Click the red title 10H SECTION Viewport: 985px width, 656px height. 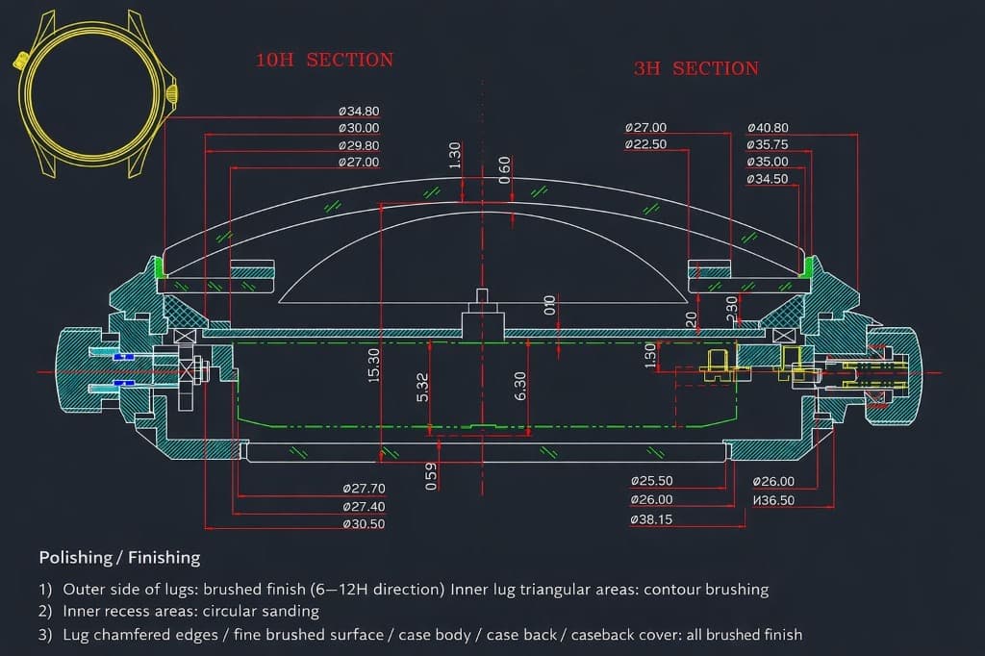[324, 60]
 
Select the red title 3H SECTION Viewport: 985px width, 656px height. [695, 68]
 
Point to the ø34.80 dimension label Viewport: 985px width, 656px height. [359, 111]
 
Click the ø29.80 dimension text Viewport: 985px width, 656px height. [359, 145]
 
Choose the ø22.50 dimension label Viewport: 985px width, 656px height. [645, 144]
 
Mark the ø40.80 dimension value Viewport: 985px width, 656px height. [768, 127]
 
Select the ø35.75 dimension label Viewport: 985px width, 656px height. [768, 144]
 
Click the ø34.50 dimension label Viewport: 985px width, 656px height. [768, 179]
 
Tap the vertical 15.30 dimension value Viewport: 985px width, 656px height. [374, 365]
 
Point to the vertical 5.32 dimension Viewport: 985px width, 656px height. [422, 387]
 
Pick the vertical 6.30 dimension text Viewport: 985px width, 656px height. [520, 387]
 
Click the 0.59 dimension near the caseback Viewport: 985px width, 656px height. [431, 476]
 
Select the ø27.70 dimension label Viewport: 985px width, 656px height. [364, 489]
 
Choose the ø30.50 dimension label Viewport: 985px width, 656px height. [364, 524]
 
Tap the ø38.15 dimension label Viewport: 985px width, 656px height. [652, 519]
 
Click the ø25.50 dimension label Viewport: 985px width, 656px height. [652, 481]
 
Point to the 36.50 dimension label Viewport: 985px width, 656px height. [773, 500]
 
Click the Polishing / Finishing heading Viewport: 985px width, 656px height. [119, 558]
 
